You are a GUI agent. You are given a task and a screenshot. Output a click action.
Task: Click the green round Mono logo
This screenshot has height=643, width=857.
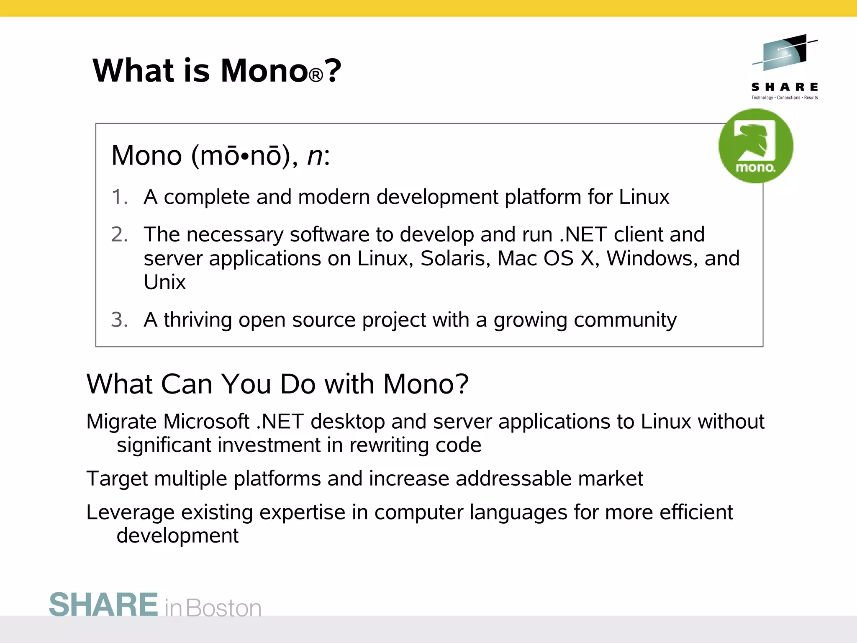pos(755,146)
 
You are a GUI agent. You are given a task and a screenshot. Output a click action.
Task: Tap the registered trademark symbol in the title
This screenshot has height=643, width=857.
pos(316,75)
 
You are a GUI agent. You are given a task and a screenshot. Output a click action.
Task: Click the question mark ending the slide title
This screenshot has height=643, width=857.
pos(333,70)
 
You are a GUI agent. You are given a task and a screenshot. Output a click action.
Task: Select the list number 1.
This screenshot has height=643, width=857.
pos(119,197)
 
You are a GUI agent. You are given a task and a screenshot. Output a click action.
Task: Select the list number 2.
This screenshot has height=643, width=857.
pos(119,234)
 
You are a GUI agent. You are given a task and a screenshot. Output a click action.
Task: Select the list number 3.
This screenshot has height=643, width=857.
pos(119,320)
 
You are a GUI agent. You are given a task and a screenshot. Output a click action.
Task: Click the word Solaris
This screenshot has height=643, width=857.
pos(455,258)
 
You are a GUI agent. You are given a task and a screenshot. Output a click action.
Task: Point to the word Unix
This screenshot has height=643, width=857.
pos(164,282)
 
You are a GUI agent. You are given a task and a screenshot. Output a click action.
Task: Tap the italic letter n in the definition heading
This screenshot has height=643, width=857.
pos(315,156)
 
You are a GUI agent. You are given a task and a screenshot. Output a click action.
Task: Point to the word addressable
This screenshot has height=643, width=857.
pos(513,478)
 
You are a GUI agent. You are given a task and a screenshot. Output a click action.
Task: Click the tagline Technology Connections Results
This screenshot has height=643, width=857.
pos(785,98)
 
